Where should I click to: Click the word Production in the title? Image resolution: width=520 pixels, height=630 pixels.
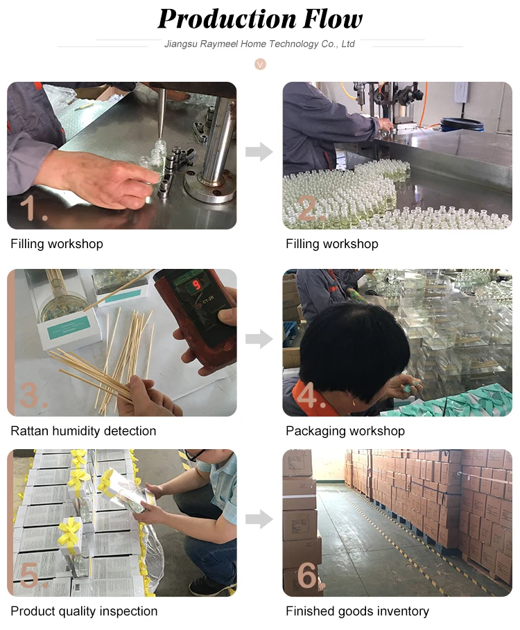pos(227,19)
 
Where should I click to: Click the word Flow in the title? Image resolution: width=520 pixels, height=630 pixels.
pos(333,19)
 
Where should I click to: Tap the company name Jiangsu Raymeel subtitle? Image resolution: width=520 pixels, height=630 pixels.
pos(259,44)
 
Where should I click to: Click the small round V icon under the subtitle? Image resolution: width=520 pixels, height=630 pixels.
pos(260,64)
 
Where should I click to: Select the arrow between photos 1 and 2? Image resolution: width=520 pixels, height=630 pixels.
pos(259,152)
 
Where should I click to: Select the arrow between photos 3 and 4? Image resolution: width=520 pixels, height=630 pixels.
pos(259,339)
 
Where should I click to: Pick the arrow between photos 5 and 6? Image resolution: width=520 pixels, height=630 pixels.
pos(259,519)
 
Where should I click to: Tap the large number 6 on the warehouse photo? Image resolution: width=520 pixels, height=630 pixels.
pos(309,575)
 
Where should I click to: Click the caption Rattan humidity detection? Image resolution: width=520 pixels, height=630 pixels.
pos(83,431)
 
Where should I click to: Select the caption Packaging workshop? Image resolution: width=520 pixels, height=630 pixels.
pos(345,431)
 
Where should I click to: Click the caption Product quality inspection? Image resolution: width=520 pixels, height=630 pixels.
pos(84,611)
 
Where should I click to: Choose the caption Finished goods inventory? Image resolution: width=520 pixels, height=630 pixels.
pos(357,611)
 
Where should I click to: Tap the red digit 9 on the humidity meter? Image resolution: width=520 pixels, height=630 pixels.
pos(196,286)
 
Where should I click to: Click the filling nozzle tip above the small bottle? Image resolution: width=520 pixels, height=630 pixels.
pos(159,135)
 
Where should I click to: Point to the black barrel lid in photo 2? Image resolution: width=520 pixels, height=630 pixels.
pos(462,122)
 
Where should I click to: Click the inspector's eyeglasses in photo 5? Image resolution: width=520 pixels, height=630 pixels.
pos(196,455)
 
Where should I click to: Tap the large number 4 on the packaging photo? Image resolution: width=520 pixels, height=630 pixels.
pos(309,395)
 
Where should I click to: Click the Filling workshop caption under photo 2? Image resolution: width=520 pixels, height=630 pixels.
pos(332,244)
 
